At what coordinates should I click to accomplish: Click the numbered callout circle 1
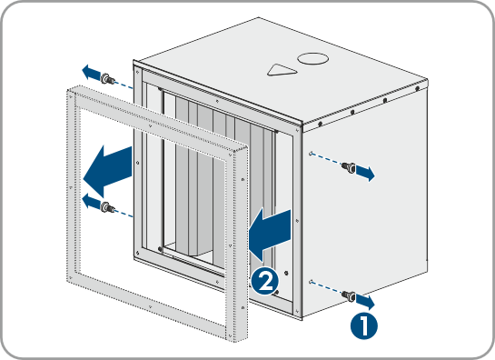[x=363, y=325]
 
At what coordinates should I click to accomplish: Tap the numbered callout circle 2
[x=265, y=281]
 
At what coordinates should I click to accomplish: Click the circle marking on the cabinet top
[x=312, y=59]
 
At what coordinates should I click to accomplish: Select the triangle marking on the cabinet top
[x=282, y=70]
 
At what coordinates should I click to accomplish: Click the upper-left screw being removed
[x=107, y=78]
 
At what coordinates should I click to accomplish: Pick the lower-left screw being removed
[x=107, y=207]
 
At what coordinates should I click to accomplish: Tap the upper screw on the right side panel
[x=349, y=167]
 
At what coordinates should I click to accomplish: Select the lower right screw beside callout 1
[x=349, y=295]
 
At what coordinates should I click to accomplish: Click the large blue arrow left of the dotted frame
[x=107, y=171]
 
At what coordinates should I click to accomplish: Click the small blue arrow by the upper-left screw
[x=91, y=72]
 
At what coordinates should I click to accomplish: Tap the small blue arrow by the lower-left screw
[x=91, y=201]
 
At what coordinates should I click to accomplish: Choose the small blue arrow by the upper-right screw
[x=365, y=174]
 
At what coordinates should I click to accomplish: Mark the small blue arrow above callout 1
[x=365, y=302]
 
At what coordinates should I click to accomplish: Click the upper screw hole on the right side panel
[x=311, y=154]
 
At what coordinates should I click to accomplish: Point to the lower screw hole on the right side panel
[x=311, y=281]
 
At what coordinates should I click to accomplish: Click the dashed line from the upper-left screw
[x=124, y=85]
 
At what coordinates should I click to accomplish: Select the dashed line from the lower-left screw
[x=124, y=214]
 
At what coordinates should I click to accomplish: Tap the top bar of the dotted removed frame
[x=157, y=118]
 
